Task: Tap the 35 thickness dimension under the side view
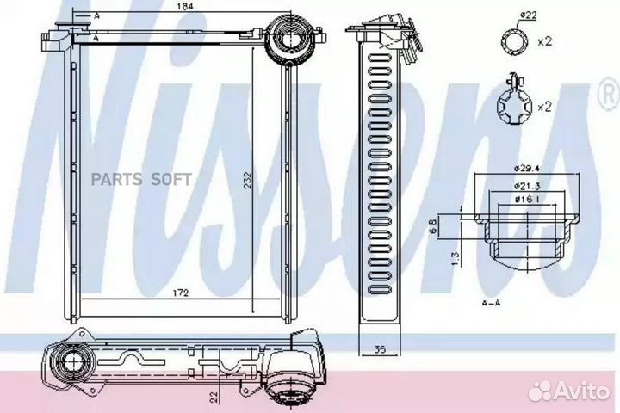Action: point(379,350)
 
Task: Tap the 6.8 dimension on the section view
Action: point(433,229)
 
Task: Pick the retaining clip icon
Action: point(515,105)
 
